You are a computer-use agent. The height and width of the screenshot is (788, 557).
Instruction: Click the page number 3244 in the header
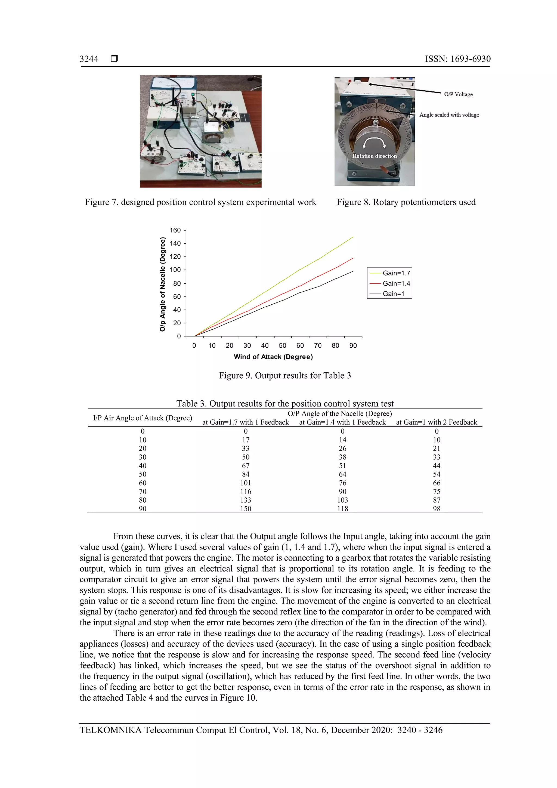click(89, 59)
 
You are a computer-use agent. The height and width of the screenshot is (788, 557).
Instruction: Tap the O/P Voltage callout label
click(458, 94)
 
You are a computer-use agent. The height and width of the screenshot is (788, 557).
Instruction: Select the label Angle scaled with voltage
click(449, 115)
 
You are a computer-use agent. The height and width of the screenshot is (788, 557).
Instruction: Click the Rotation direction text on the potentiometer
click(375, 156)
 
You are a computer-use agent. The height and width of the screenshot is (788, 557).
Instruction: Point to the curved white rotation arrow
click(374, 141)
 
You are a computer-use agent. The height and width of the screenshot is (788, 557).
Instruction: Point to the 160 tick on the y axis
click(175, 230)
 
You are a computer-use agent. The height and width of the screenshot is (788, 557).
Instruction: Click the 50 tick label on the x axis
click(283, 346)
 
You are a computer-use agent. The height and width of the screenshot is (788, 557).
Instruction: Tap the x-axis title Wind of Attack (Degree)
click(273, 357)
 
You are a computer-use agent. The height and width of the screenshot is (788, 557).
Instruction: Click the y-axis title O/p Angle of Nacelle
click(163, 284)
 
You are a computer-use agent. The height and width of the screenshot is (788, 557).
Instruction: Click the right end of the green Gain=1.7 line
click(353, 237)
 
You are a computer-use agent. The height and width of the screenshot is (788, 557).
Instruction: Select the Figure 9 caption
click(285, 375)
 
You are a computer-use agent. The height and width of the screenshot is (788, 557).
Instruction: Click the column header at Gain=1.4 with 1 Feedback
click(342, 422)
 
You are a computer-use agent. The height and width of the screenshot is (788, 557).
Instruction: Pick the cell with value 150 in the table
click(246, 509)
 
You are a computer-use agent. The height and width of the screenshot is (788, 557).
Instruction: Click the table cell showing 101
click(246, 483)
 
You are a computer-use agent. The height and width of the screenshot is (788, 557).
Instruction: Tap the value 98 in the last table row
click(437, 509)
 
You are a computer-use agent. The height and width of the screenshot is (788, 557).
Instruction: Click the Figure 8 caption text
click(406, 202)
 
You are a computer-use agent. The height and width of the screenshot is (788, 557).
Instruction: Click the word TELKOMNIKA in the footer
click(110, 730)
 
